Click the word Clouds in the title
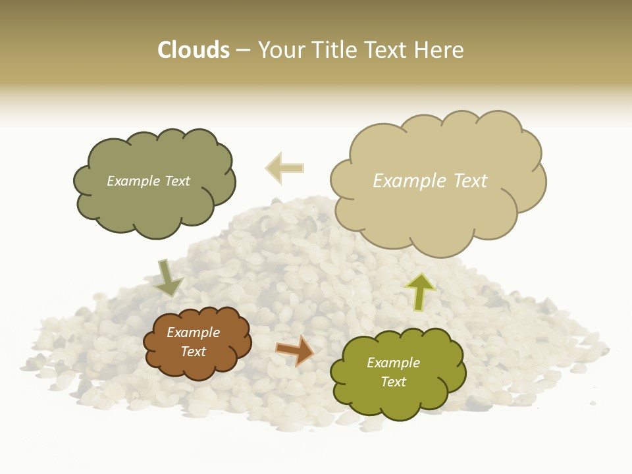(x=194, y=50)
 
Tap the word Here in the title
(x=439, y=50)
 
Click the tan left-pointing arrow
(x=284, y=168)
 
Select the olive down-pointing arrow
(x=169, y=278)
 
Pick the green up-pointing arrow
(x=420, y=291)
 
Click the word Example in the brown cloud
(x=193, y=332)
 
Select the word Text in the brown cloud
(x=194, y=352)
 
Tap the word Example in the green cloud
(x=393, y=363)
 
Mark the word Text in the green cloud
(x=393, y=382)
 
